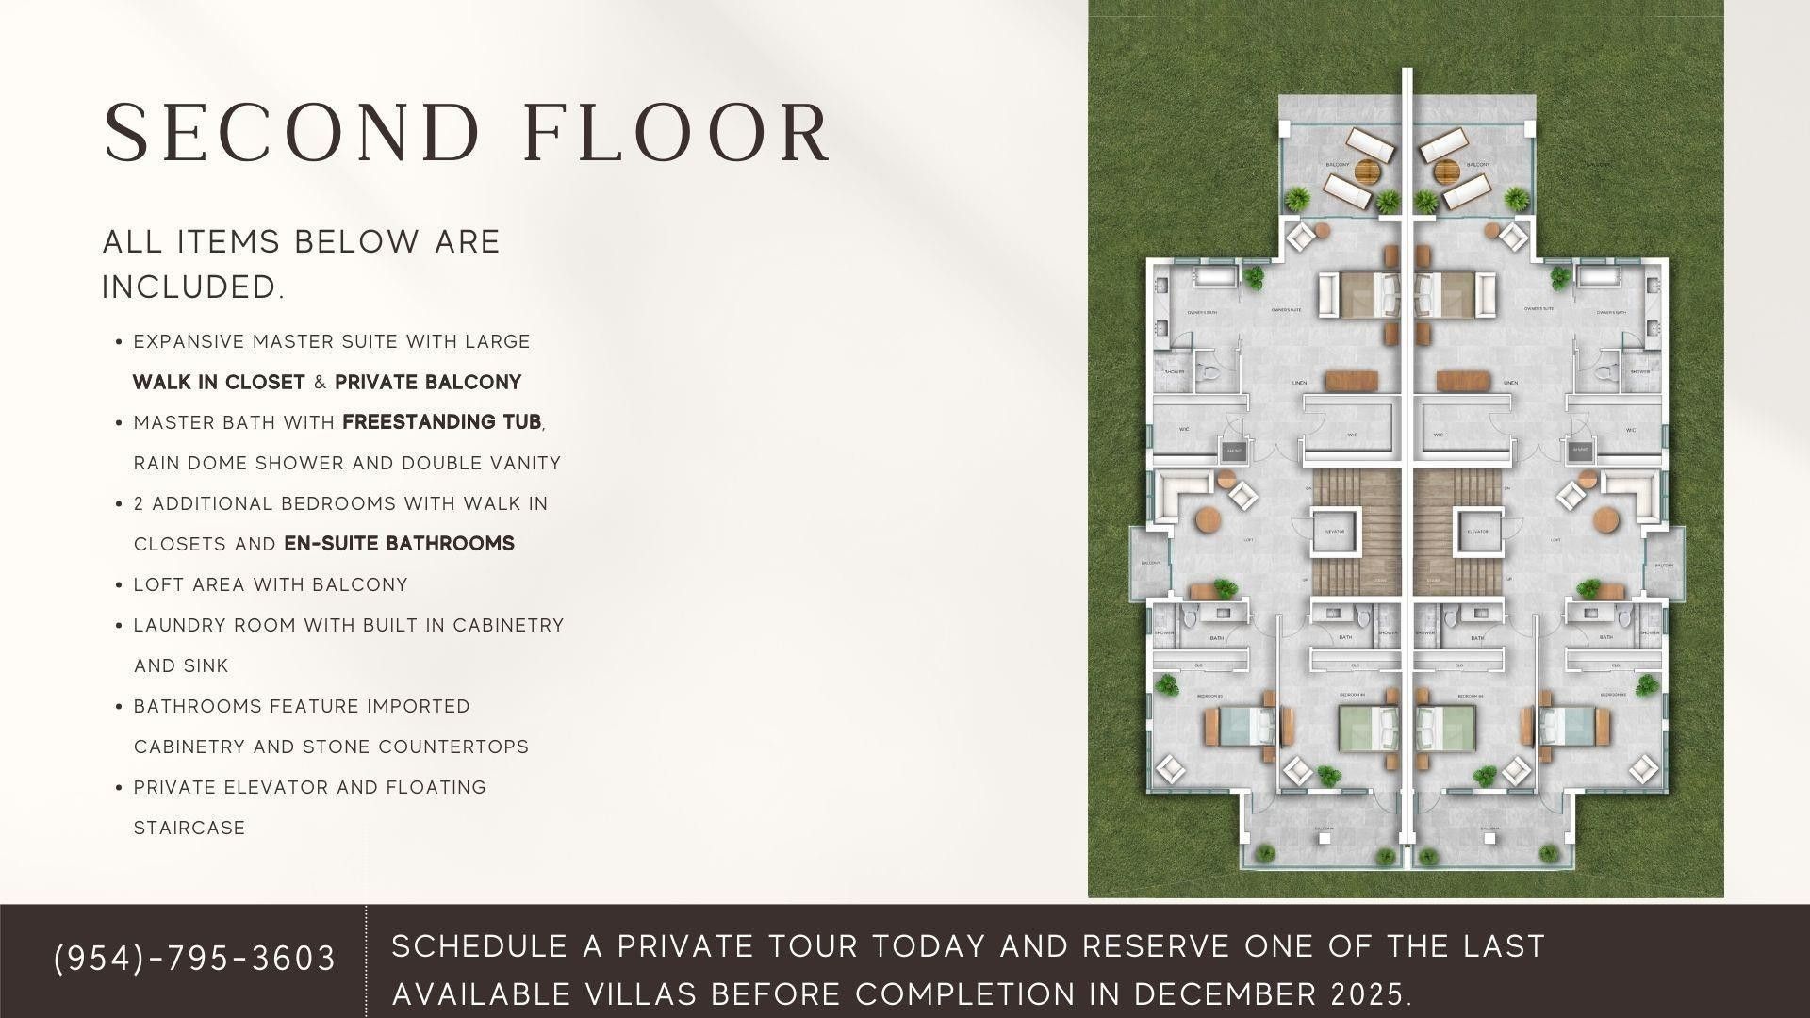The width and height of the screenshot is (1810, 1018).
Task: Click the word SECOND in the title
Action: [292, 134]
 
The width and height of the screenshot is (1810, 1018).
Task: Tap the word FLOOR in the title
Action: [676, 134]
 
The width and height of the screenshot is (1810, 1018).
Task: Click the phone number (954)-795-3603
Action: [195, 959]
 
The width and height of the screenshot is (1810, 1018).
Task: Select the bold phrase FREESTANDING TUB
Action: [442, 422]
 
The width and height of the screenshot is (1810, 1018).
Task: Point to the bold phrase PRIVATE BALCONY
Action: [428, 382]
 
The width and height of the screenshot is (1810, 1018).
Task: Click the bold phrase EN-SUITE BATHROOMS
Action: [399, 544]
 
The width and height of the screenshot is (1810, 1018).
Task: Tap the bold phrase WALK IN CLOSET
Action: [219, 382]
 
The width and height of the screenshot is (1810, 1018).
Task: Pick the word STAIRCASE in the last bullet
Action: [189, 828]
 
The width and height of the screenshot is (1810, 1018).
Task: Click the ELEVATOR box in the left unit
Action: [1333, 532]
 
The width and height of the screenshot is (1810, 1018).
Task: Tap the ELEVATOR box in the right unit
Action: [1477, 532]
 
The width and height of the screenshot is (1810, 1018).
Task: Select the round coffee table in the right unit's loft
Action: [1604, 519]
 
